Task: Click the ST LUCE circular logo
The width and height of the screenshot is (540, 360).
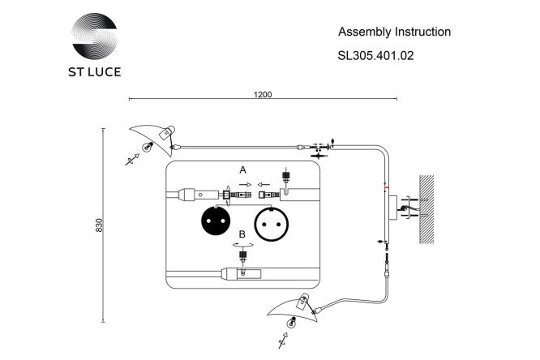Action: coord(94,36)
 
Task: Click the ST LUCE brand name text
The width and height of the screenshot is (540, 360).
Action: coord(95,72)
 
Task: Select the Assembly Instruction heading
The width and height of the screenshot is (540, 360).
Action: coord(394,32)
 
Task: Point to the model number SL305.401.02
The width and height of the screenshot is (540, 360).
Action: coord(375,55)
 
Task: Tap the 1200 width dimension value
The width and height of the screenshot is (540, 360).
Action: coord(263,94)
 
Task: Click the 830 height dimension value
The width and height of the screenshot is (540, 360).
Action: coord(99,225)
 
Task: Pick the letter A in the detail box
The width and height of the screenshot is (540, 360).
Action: coord(242,169)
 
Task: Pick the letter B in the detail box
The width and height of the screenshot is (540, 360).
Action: coord(242,234)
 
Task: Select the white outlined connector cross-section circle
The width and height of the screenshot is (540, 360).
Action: coord(272,225)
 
